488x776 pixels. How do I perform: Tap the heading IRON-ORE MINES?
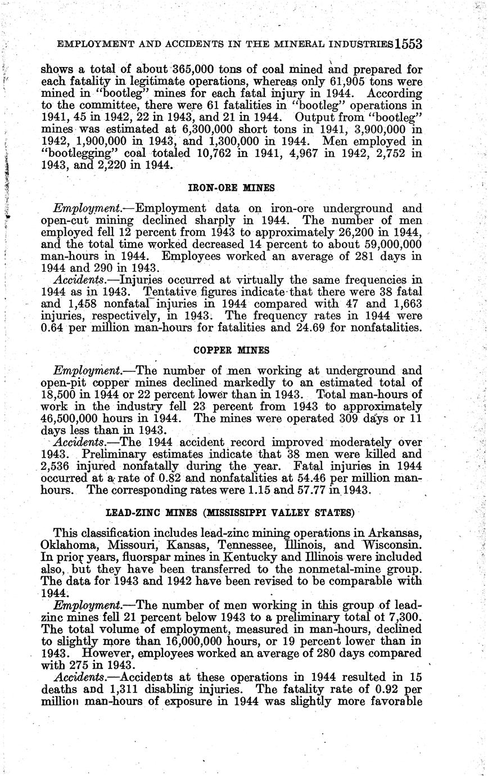231,187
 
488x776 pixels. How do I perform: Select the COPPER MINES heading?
231,349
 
